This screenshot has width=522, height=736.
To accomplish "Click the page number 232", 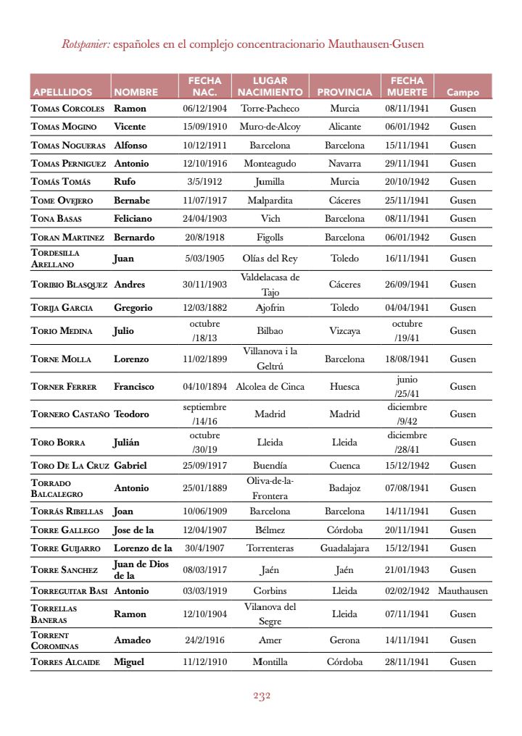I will (262, 696).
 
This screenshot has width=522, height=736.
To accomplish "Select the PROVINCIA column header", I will (344, 93).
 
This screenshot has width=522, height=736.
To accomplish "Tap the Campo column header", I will (463, 93).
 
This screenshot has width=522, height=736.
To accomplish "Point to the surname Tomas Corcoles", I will (68, 108).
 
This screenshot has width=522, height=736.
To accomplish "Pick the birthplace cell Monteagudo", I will (270, 164).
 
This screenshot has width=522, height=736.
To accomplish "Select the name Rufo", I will (125, 182).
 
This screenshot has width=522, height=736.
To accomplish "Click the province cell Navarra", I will (344, 164).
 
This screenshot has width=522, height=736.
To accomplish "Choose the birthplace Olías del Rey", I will (270, 259).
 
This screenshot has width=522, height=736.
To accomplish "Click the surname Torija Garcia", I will (62, 308).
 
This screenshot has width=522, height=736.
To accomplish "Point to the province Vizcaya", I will (344, 331).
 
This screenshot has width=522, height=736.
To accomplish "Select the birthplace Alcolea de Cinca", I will (270, 387).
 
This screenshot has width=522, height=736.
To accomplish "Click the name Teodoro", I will (131, 414).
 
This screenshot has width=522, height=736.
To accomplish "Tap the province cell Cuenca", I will (344, 466).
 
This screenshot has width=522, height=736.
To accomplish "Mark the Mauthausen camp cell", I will (463, 591).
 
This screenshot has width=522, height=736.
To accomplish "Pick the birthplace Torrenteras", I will (270, 548).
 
